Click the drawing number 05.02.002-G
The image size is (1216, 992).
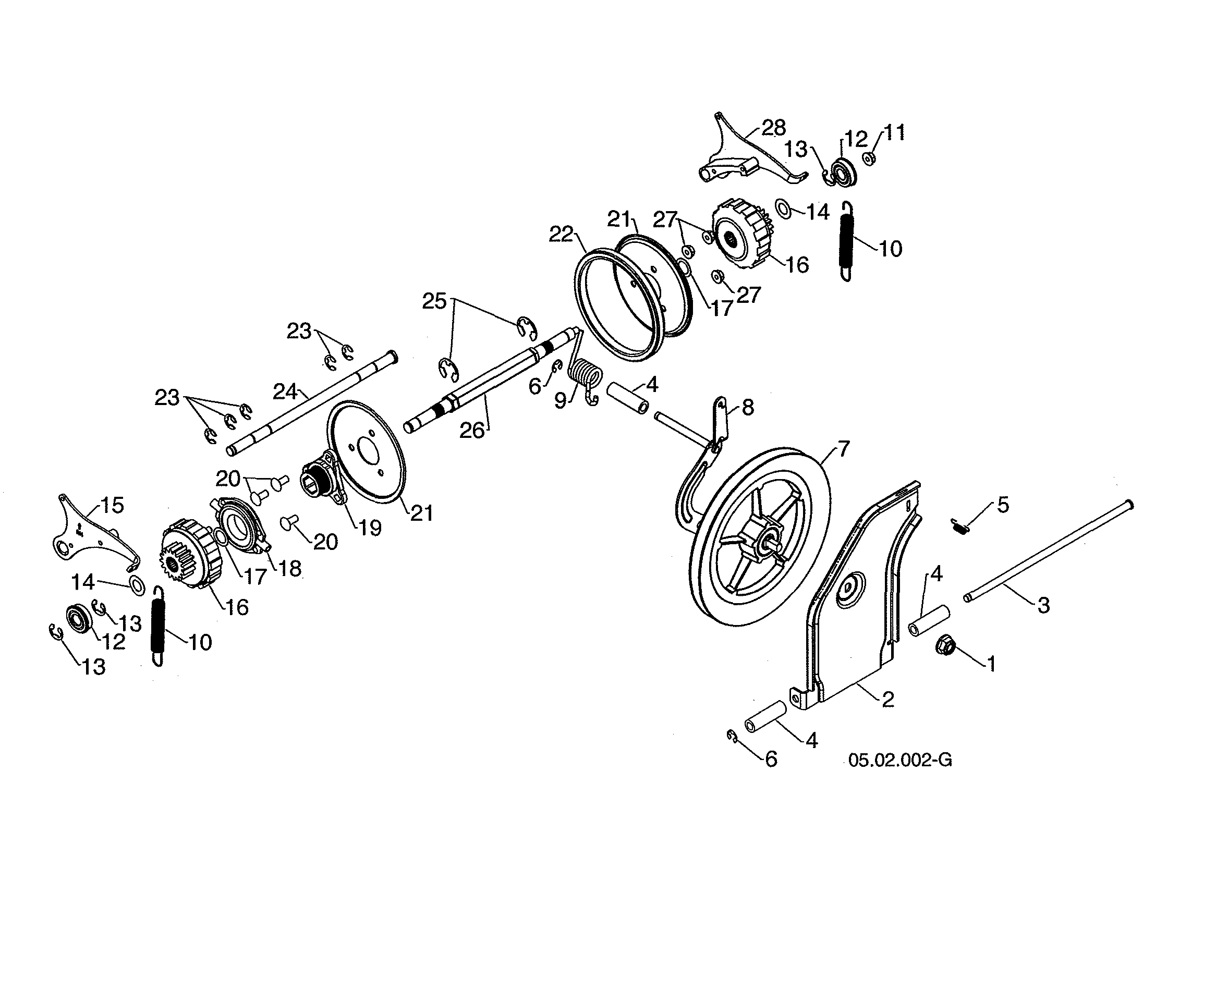click(x=900, y=761)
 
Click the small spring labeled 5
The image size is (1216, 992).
click(x=960, y=526)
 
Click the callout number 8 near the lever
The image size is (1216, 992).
click(x=748, y=408)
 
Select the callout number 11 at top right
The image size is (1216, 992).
click(x=895, y=133)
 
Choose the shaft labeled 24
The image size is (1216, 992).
click(x=312, y=403)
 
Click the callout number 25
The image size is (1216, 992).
click(x=434, y=302)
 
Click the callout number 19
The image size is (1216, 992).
click(x=370, y=528)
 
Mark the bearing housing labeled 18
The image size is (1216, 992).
click(x=240, y=523)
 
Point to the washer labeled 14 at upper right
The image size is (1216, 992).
click(x=783, y=209)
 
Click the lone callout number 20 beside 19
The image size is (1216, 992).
click(x=325, y=542)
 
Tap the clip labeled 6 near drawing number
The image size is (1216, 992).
click(x=732, y=736)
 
